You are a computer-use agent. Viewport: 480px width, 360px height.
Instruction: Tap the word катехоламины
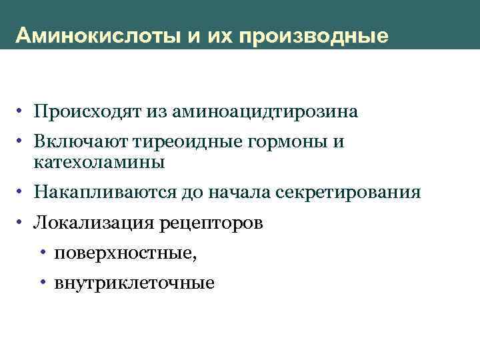[98, 161]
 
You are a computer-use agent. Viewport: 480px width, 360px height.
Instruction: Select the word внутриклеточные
[135, 283]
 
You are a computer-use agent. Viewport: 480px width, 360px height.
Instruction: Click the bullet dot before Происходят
[23, 111]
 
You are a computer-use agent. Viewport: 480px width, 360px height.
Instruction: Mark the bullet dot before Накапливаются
[23, 193]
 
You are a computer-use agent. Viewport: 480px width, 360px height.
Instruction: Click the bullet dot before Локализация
[23, 223]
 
